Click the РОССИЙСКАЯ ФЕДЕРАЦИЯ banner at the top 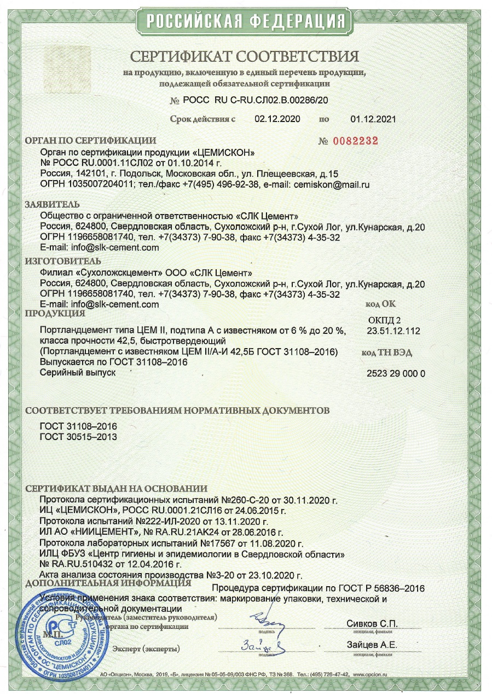[x=245, y=21]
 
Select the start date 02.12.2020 [x=277, y=119]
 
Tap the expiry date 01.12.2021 [x=373, y=119]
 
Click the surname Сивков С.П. [x=372, y=624]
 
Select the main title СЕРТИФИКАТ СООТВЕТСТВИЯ [x=245, y=57]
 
